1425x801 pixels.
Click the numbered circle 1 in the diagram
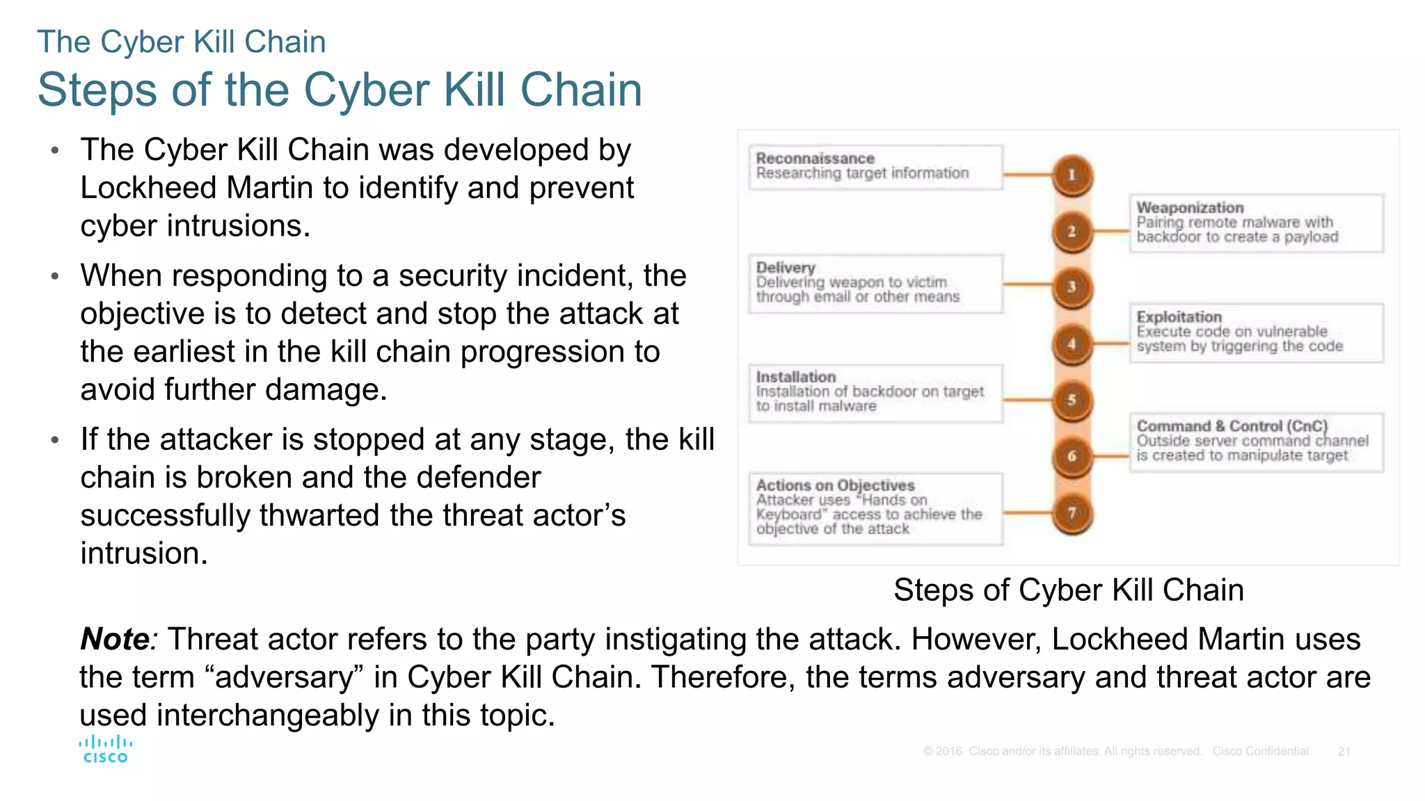1072,175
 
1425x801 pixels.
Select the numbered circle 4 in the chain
1072,343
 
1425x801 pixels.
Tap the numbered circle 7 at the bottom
1072,513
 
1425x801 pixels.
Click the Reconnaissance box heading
815,159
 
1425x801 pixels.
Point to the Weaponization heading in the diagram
1190,207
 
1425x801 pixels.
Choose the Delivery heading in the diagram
786,268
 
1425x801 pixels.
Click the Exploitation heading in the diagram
1179,317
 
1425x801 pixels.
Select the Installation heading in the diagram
796,377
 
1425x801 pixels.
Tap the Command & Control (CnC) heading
1232,426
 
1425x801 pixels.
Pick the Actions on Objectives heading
835,485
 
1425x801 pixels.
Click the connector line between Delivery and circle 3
1027,284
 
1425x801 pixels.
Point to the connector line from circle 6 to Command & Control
1110,456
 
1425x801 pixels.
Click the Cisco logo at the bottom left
106,749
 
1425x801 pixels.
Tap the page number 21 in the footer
1344,752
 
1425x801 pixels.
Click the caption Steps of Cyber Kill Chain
1068,590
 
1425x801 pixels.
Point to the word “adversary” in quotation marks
284,677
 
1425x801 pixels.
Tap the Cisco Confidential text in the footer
1260,752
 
